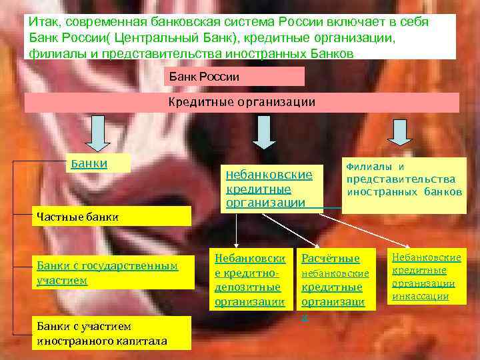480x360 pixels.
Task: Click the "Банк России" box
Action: click(233, 77)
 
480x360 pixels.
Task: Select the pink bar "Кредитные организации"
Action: click(241, 103)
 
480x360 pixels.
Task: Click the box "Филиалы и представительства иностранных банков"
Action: click(404, 185)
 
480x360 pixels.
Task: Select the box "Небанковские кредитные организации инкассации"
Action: click(427, 276)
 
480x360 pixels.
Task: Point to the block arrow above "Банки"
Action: click(99, 133)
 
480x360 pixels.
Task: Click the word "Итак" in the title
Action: click(44, 22)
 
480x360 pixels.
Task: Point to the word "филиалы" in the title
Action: click(56, 53)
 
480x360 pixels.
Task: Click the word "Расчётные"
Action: click(331, 258)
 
